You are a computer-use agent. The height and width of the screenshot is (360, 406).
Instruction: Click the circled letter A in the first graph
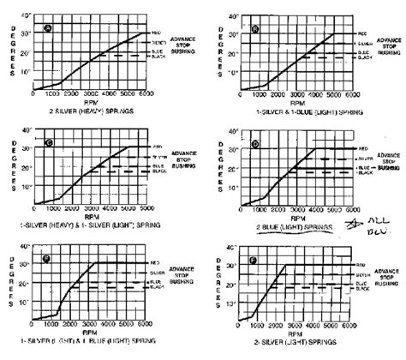coord(48,28)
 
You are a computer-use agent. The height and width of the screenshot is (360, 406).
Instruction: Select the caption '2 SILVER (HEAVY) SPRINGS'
coord(88,110)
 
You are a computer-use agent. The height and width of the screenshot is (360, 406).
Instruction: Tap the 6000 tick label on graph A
coord(146,96)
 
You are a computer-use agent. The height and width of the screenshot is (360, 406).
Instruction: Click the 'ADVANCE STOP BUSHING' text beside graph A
coord(188,45)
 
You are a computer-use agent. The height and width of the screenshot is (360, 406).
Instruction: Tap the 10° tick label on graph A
coord(31,72)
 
